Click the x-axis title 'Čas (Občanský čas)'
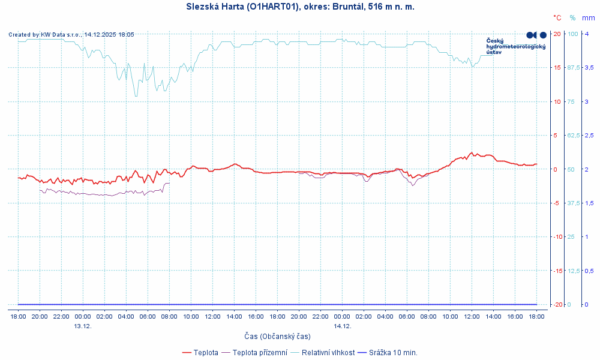coord(277,337)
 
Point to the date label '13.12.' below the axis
coord(83,326)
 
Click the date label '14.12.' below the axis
coord(342,326)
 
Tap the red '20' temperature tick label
coord(557,34)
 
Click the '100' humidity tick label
coord(573,34)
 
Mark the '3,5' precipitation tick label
coord(589,67)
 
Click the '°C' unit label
coord(557,18)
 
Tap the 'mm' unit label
coord(588,18)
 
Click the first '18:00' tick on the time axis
coord(18,316)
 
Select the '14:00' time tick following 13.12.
coord(234,316)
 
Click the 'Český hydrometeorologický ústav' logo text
coord(515,46)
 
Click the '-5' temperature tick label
coord(557,203)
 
